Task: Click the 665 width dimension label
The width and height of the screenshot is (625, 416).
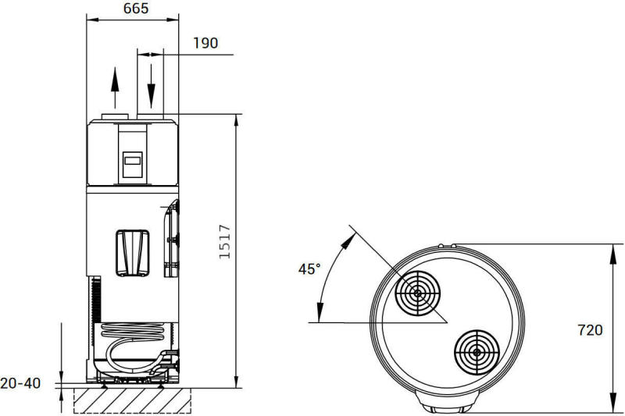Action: tap(136, 9)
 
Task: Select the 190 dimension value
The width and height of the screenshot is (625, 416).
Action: tap(205, 43)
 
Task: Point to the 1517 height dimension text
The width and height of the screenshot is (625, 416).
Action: tap(225, 242)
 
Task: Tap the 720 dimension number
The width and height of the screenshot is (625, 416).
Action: tap(591, 330)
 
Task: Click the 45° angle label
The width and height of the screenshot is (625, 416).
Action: tap(309, 269)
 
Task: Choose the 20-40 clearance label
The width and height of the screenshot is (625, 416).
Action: tap(20, 383)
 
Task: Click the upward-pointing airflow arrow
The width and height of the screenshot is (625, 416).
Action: tap(115, 87)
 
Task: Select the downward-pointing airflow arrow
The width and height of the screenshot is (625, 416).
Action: tap(151, 86)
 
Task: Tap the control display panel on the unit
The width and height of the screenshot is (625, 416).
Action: tap(132, 165)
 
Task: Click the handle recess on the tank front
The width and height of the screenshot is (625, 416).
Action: tap(133, 253)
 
